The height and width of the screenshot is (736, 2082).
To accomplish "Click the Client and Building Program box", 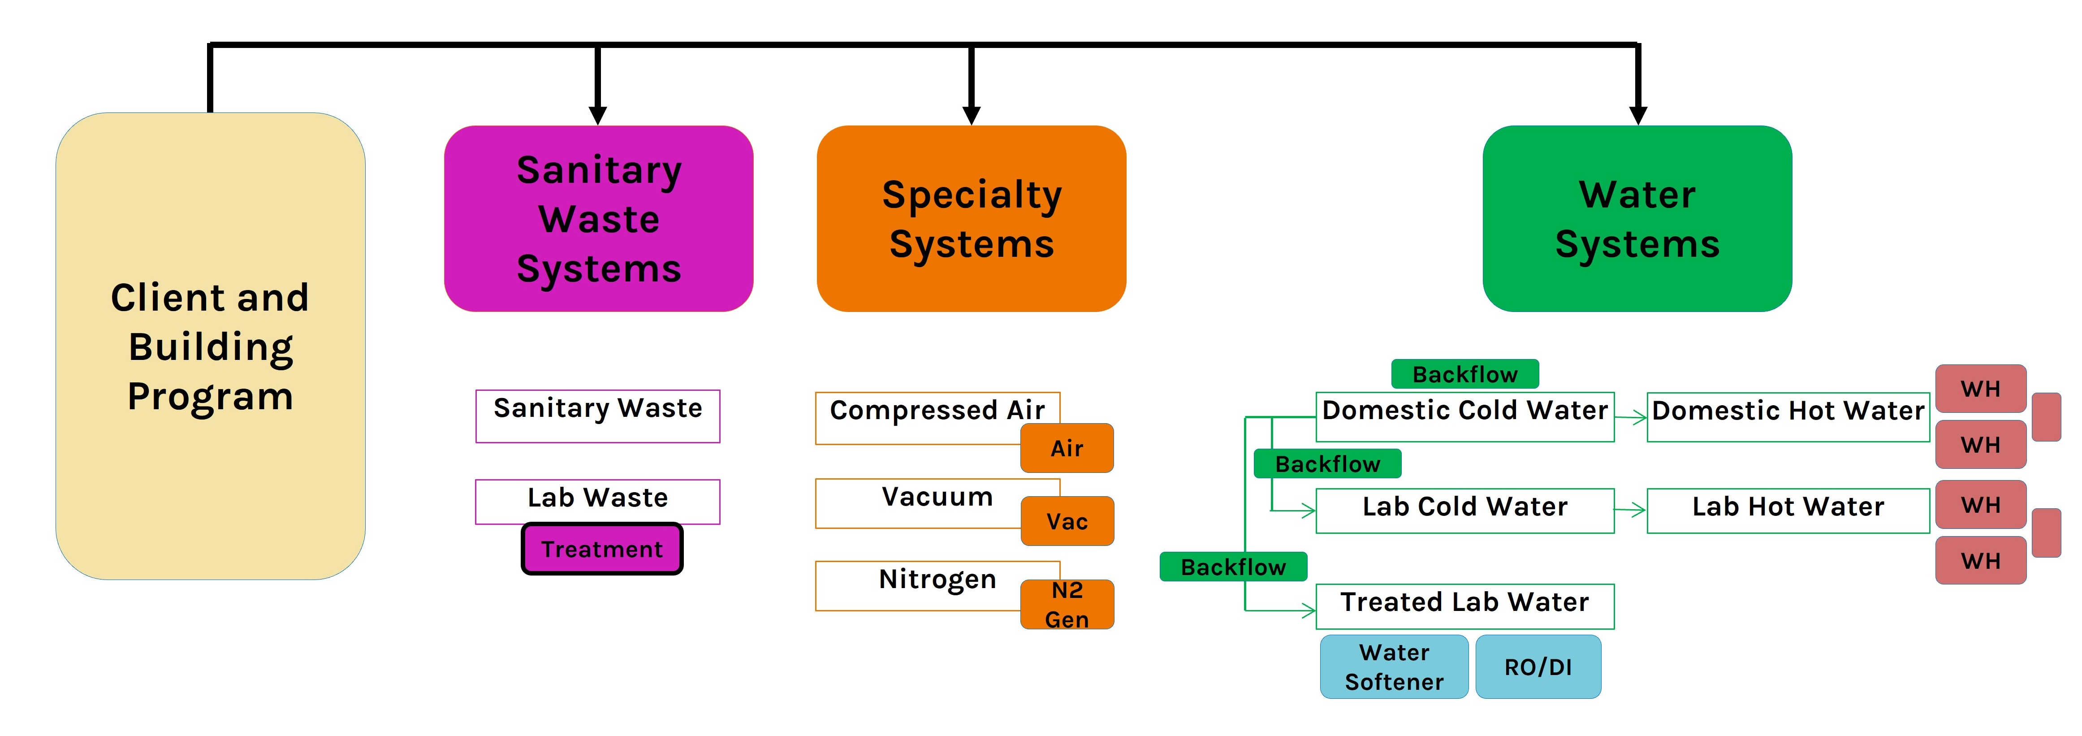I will point(210,346).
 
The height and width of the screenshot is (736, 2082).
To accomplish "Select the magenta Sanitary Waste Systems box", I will point(598,218).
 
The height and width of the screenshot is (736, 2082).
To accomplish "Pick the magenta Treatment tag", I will point(602,549).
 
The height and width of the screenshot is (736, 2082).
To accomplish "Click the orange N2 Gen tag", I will point(1067,604).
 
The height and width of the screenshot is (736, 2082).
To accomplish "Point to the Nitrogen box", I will point(917,584).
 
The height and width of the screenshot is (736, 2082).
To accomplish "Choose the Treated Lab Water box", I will point(1464,606).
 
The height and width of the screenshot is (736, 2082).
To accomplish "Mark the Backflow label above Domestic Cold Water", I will point(1464,374).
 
